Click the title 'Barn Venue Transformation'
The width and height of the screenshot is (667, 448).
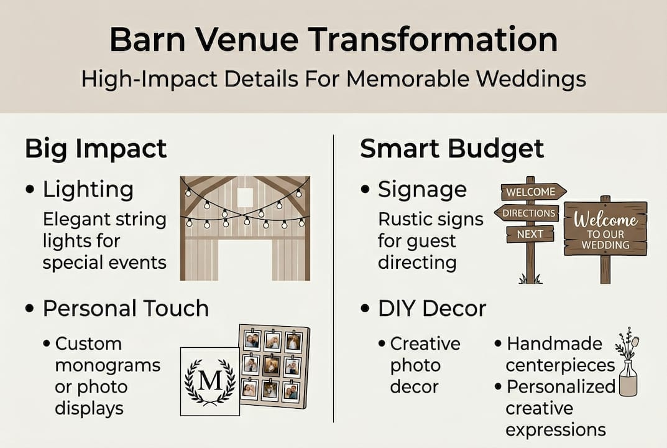[333, 40]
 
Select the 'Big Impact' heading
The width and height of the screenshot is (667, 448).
[96, 149]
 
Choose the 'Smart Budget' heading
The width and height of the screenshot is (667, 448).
[452, 149]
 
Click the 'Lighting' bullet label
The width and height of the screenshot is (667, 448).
[88, 190]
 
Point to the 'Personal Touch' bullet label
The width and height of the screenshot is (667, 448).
[125, 309]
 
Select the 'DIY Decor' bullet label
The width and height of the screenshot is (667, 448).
[432, 309]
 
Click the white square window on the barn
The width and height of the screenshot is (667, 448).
[245, 197]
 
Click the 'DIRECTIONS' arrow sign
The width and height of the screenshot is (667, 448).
[527, 213]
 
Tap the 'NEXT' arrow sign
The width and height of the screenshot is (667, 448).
[529, 235]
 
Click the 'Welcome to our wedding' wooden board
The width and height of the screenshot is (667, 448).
[605, 228]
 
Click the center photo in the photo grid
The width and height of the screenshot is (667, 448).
[271, 365]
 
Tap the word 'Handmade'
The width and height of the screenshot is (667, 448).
[546, 343]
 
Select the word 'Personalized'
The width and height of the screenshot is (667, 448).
[561, 386]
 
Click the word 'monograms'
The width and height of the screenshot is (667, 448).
[108, 365]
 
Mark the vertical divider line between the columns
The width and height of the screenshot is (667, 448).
[334, 280]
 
